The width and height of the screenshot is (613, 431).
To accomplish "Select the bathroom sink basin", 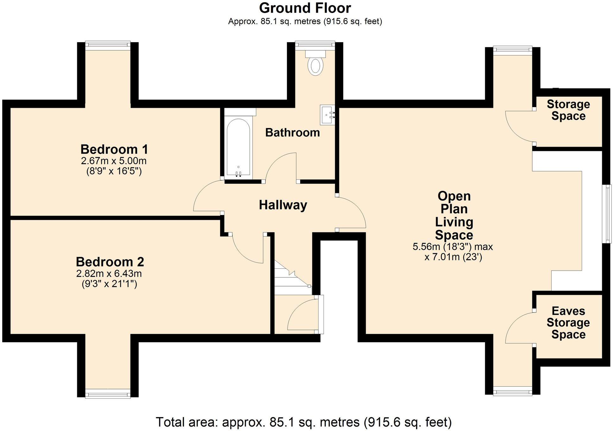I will click(327, 115).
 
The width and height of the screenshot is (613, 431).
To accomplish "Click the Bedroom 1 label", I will click(114, 149).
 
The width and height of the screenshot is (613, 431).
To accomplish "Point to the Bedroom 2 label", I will click(110, 262).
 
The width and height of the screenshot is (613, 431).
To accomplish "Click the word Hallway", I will click(283, 205).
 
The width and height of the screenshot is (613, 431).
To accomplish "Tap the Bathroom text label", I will click(292, 132).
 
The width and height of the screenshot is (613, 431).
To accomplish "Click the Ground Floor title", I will click(305, 8).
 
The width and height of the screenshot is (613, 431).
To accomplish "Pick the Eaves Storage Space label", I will click(568, 323).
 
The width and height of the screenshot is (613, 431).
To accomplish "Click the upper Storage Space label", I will click(568, 110).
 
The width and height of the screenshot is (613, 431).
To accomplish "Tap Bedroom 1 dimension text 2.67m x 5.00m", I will click(114, 161).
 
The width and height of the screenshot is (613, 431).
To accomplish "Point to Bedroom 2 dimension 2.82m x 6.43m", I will click(109, 273).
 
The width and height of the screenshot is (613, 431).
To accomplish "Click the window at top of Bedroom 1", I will click(108, 45).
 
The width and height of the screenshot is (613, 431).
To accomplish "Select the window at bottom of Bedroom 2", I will click(108, 394).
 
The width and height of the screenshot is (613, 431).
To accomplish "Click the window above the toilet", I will click(315, 44).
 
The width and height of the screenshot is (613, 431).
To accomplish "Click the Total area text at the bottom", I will click(303, 422).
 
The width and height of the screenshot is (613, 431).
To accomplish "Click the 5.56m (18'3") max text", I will click(452, 247).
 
